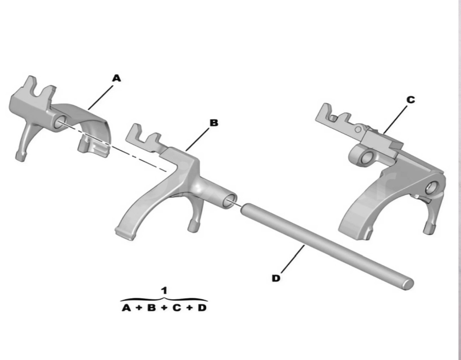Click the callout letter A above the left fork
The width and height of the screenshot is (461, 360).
tap(117, 78)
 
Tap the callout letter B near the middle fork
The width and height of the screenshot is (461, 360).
tap(214, 123)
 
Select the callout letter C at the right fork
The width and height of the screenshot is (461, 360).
tap(411, 100)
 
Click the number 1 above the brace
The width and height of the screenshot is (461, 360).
tap(164, 290)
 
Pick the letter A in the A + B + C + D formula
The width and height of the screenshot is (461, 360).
tap(126, 308)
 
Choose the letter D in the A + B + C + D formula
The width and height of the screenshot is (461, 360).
tap(202, 308)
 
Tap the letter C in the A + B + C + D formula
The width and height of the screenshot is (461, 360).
tap(177, 308)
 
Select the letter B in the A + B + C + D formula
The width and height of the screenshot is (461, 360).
tap(152, 308)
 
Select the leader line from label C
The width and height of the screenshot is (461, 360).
tap(396, 120)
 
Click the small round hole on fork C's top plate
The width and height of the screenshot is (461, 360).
tap(358, 129)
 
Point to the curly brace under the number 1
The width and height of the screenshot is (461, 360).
tap(164, 299)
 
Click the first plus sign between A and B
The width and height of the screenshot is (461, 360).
tap(139, 308)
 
